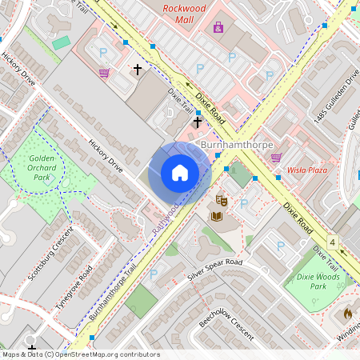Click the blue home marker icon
[180, 173]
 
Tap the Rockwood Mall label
[185, 10]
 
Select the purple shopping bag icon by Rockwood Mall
[218, 28]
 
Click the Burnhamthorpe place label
[237, 145]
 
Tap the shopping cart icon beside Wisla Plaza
[277, 158]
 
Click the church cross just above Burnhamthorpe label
[198, 122]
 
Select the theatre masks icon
[222, 200]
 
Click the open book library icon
[216, 216]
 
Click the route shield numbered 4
[331, 241]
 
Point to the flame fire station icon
[348, 314]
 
